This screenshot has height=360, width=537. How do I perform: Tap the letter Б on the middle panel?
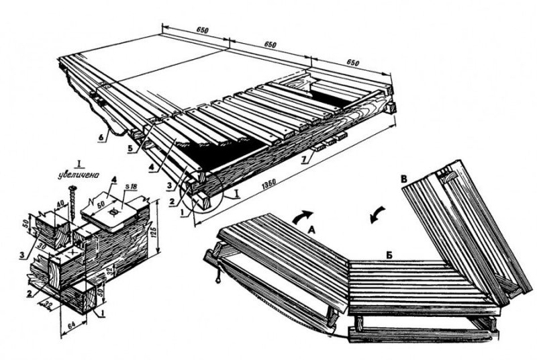pos(389,255)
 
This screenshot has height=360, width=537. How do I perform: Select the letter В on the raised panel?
pos(403,180)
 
